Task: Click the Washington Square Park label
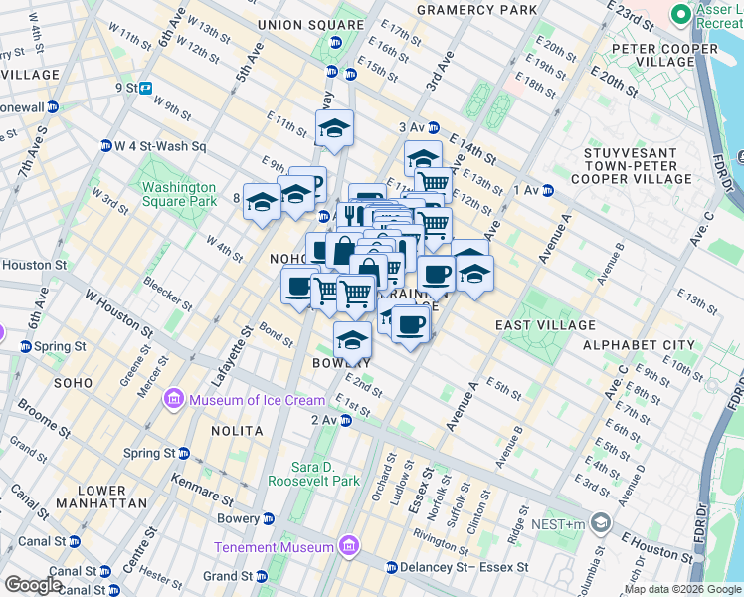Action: coord(179,194)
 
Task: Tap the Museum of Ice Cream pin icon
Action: coord(174,399)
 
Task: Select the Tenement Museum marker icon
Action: coord(348,547)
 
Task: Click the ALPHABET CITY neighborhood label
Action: coord(639,345)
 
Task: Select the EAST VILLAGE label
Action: coord(545,325)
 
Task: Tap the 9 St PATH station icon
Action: coord(145,88)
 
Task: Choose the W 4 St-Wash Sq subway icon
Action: coord(105,146)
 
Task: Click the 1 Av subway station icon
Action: coord(548,190)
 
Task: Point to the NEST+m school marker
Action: coord(600,522)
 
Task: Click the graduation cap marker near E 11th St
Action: coord(335,128)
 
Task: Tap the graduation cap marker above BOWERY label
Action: coord(352,340)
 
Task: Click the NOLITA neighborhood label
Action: coord(237,431)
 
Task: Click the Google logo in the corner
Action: coord(33,585)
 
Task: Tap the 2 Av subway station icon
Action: coord(345,421)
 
